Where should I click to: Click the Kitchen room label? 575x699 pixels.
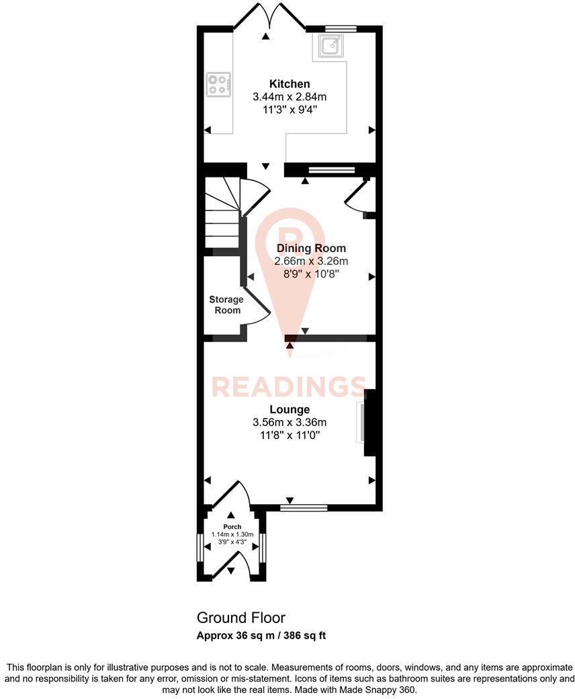[x=290, y=84]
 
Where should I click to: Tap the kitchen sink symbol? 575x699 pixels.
[x=331, y=46]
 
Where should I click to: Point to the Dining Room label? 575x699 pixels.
[x=312, y=248]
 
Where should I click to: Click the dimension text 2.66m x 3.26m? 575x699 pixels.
[x=312, y=261]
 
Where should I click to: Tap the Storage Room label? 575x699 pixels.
[x=226, y=304]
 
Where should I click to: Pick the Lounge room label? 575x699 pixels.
[x=290, y=409]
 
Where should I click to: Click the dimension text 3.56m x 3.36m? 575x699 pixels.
[x=290, y=422]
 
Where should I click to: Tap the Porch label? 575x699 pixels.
[x=232, y=526]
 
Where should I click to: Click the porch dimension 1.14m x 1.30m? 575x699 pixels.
[x=232, y=534]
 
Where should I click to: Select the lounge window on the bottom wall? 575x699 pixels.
[x=304, y=507]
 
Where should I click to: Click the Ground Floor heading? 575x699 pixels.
[x=240, y=617]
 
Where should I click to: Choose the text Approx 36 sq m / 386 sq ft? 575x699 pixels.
[x=261, y=635]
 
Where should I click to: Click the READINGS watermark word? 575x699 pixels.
[x=290, y=386]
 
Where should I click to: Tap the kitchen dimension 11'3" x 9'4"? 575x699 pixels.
[x=290, y=109]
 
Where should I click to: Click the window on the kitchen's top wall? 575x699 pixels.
[x=341, y=28]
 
